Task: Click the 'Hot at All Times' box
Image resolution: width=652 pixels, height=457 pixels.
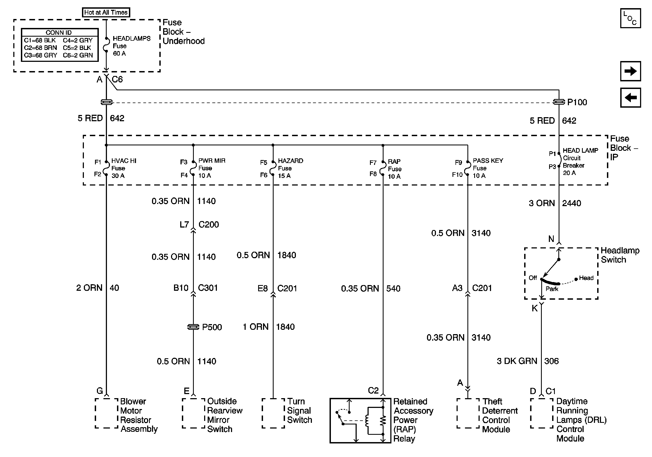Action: tap(106, 12)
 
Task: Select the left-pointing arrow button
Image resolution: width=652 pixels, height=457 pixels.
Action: tap(630, 98)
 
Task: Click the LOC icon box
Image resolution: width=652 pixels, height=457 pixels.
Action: tap(630, 18)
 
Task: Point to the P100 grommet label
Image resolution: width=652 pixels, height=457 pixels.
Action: tap(577, 102)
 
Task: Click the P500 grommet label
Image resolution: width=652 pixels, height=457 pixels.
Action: tap(212, 327)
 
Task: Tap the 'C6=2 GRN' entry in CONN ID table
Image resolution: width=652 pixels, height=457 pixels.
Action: tap(78, 55)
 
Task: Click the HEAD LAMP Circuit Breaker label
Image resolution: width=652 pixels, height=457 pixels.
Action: tap(580, 161)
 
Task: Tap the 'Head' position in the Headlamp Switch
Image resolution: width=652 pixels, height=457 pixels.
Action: tap(586, 278)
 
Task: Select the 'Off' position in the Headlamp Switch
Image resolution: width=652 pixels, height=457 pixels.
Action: tap(533, 278)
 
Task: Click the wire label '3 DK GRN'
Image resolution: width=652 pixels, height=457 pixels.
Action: tap(517, 361)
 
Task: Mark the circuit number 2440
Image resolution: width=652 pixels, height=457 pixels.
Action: tap(571, 203)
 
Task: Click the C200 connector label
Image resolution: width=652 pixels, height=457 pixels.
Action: tap(208, 225)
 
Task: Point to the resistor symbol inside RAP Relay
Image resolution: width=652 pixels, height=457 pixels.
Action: tap(383, 421)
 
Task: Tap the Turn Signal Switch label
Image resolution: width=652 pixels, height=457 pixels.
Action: tap(299, 410)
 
